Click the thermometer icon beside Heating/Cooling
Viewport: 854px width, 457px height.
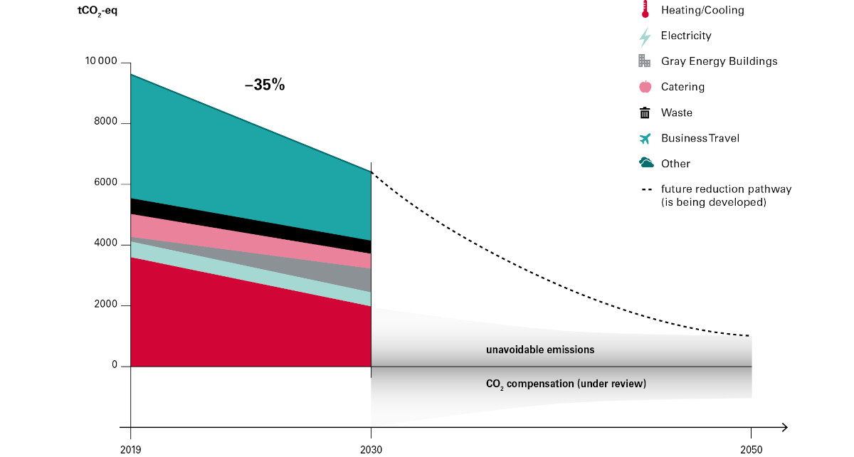pyautogui.click(x=645, y=9)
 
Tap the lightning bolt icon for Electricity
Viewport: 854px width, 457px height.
pyautogui.click(x=645, y=36)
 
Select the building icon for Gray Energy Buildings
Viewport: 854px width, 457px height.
pyautogui.click(x=645, y=61)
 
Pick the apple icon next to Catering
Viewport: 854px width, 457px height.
pyautogui.click(x=645, y=87)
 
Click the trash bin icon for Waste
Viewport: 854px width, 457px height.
pyautogui.click(x=645, y=112)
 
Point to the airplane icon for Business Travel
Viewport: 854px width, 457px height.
pyautogui.click(x=645, y=138)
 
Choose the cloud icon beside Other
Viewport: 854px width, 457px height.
pyautogui.click(x=646, y=163)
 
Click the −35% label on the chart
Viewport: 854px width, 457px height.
pyautogui.click(x=265, y=85)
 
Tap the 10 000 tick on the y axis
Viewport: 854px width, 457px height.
pyautogui.click(x=100, y=63)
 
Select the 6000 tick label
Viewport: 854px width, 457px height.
pyautogui.click(x=105, y=184)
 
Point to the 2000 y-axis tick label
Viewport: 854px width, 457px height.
pyautogui.click(x=105, y=305)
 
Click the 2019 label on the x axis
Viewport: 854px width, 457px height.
pyautogui.click(x=130, y=450)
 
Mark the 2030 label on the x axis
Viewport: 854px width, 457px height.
pyautogui.click(x=371, y=450)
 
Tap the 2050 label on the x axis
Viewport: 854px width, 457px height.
pyautogui.click(x=751, y=450)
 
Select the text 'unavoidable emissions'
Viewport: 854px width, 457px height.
pyautogui.click(x=539, y=350)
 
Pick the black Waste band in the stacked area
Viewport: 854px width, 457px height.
pyautogui.click(x=249, y=226)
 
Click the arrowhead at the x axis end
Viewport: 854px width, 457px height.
pyautogui.click(x=784, y=427)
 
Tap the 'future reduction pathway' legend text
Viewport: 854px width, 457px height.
pyautogui.click(x=726, y=189)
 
